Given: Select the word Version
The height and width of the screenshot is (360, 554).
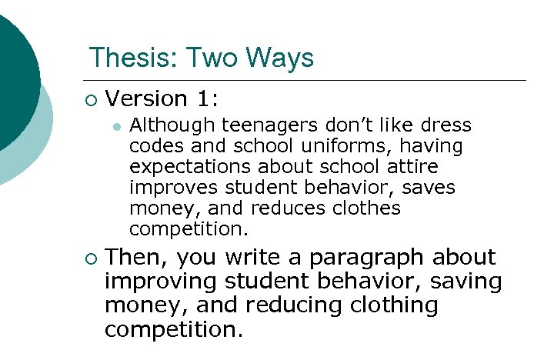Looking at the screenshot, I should tap(146, 98).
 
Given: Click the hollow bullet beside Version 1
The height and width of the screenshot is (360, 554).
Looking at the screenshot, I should tap(92, 98).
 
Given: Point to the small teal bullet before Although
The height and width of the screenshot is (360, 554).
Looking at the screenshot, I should tap(116, 126).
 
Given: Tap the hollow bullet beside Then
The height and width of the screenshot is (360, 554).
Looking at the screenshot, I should tap(92, 258).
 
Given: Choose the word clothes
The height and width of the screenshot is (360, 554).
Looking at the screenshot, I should tap(367, 208).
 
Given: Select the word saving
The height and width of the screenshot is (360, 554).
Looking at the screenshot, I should tap(469, 282).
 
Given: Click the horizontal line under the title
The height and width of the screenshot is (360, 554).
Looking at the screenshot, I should tap(308, 80).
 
